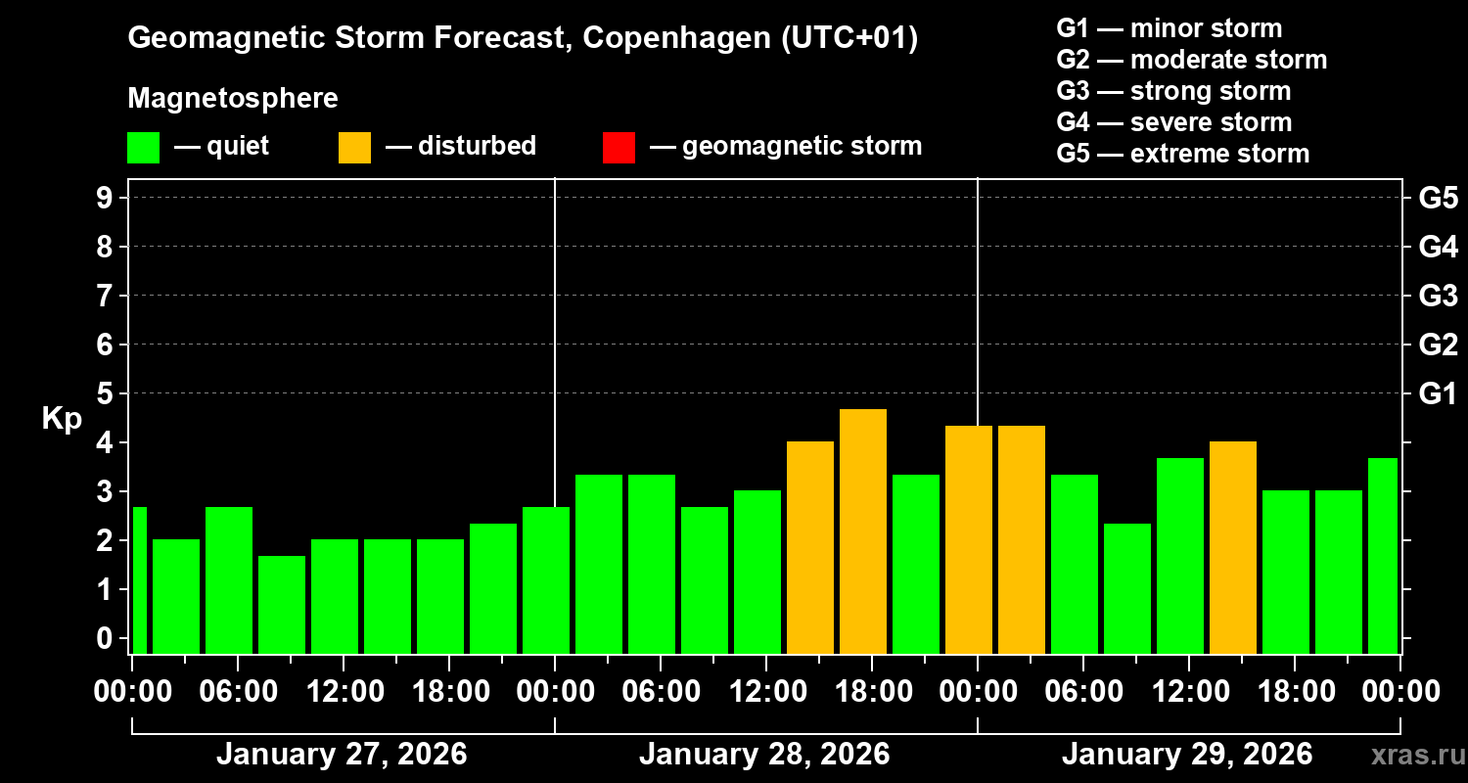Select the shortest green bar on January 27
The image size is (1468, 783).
click(x=282, y=604)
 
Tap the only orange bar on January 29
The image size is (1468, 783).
click(x=1233, y=547)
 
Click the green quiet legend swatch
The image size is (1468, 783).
click(x=143, y=148)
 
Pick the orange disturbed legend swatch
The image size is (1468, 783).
click(x=354, y=148)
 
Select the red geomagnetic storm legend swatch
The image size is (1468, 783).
click(x=619, y=148)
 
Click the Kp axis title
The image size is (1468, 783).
click(x=62, y=419)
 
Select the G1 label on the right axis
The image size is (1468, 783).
click(x=1438, y=394)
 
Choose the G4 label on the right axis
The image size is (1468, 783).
click(x=1438, y=247)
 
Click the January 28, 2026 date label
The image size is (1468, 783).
click(x=764, y=755)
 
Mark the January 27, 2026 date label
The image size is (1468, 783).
click(x=342, y=755)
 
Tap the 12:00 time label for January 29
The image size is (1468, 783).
click(x=1189, y=692)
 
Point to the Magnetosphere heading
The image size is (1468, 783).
click(x=233, y=99)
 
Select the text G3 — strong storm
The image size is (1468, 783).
click(x=1173, y=91)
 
